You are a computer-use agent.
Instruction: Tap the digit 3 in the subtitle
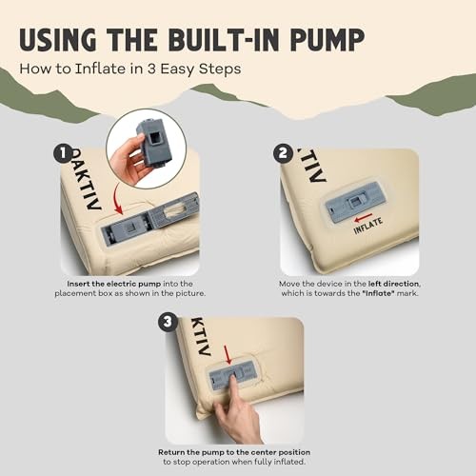tap(151, 69)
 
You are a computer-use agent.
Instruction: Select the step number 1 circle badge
tap(63, 153)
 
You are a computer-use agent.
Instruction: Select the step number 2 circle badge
tap(283, 153)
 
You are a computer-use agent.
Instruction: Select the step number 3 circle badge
tap(168, 322)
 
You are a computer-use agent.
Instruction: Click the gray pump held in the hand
tap(154, 143)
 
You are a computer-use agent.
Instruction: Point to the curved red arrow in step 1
tap(117, 199)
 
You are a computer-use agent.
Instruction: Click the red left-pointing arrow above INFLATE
tap(364, 218)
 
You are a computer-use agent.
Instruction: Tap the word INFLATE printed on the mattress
tap(368, 226)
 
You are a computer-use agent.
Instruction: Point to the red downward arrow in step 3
tap(228, 354)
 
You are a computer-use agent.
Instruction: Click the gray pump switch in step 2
tap(355, 202)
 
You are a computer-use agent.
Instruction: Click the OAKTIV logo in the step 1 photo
tap(85, 179)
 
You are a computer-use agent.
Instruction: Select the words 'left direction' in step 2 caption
tap(394, 284)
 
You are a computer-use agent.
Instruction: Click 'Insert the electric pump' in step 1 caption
tap(114, 284)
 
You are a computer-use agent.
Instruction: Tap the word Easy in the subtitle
tap(177, 69)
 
